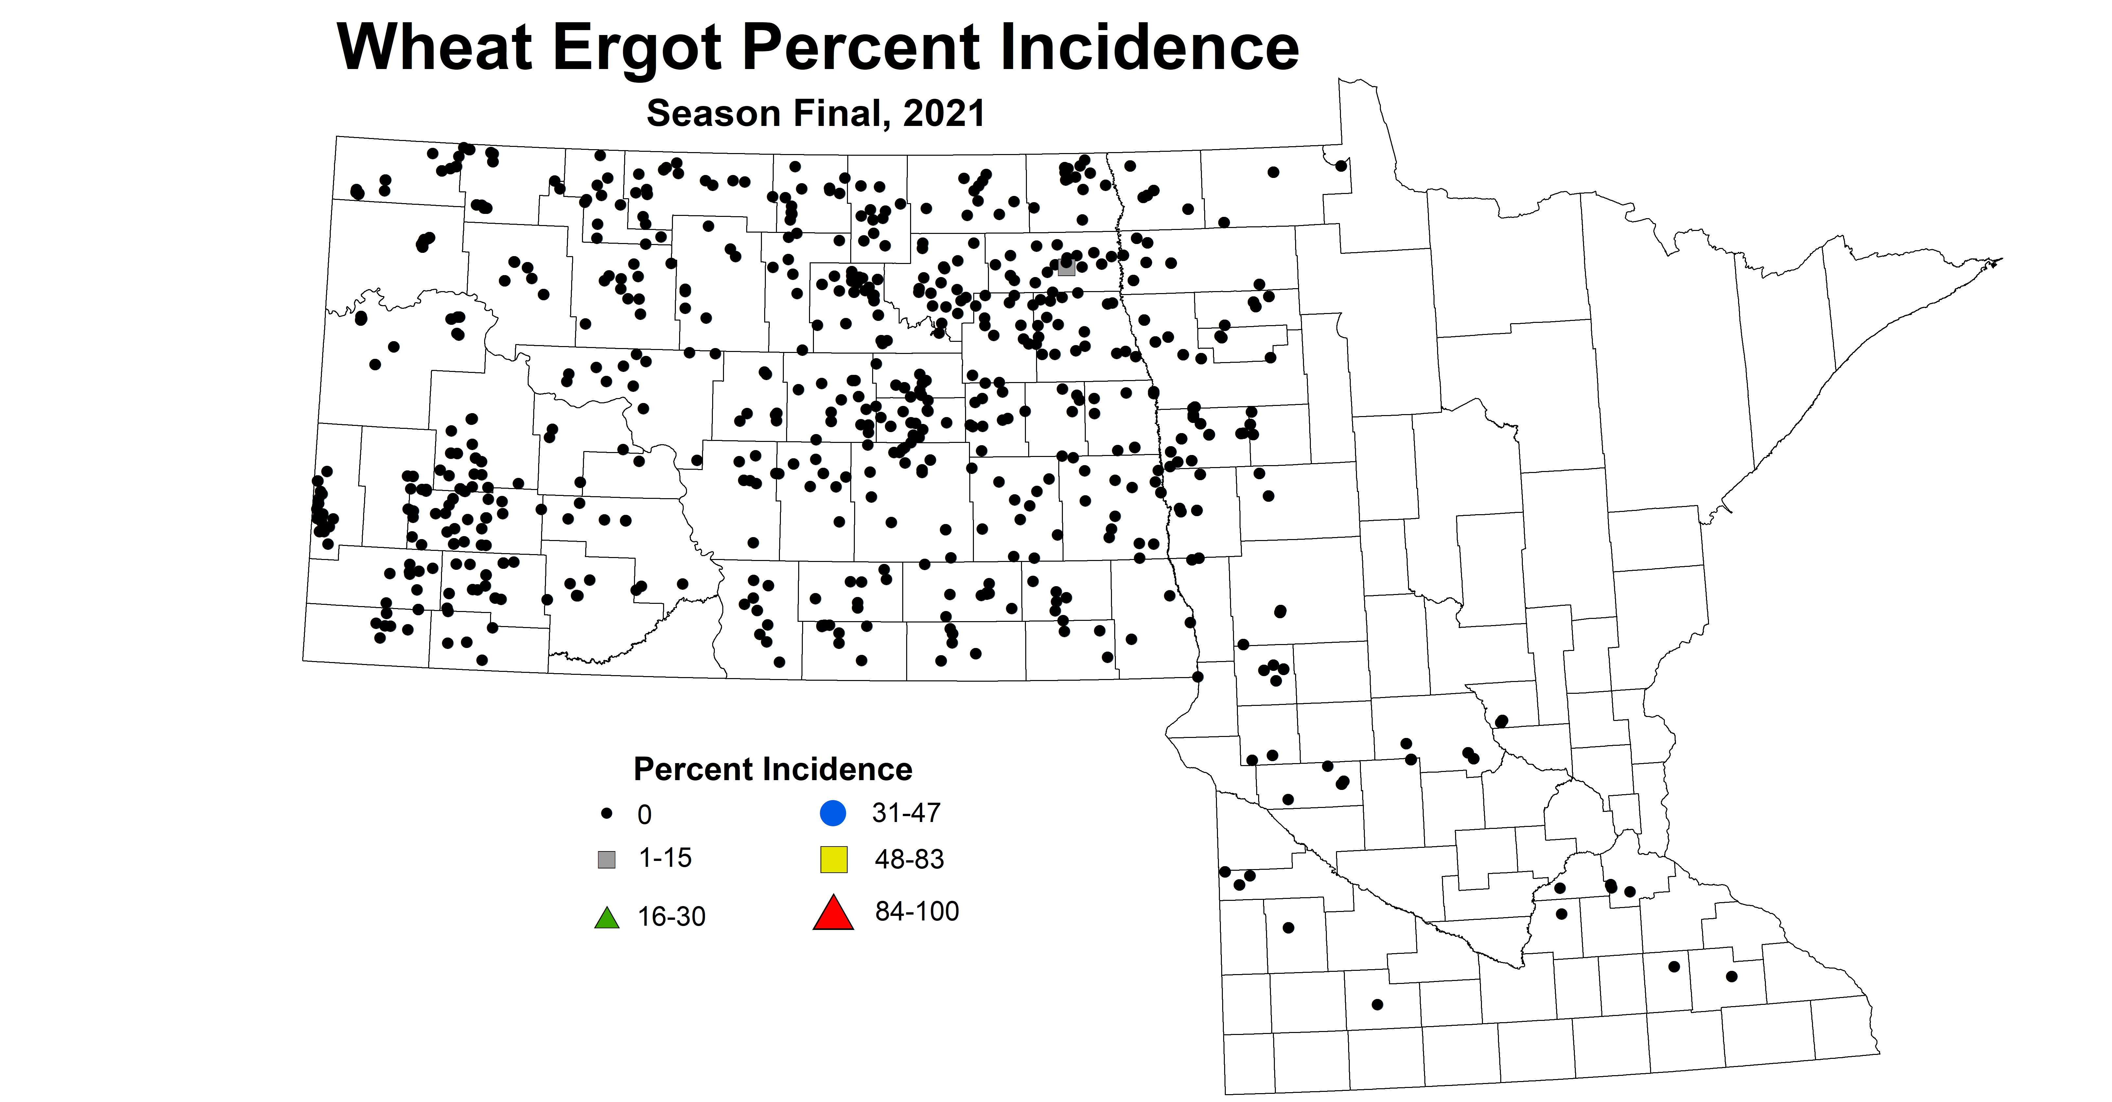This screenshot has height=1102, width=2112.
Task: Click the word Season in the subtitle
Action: [712, 113]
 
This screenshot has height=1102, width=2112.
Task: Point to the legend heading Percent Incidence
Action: [772, 769]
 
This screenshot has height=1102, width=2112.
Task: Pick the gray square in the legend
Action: [607, 859]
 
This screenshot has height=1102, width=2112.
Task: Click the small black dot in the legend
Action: [607, 813]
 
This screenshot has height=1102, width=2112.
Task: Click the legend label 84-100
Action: [917, 911]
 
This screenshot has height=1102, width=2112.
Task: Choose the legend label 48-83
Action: [909, 859]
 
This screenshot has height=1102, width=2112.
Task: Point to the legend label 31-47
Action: [906, 813]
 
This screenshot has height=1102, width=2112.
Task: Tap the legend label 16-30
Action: [672, 916]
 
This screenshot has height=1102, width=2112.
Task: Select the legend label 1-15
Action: [665, 858]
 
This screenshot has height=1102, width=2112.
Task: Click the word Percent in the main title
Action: [859, 47]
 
